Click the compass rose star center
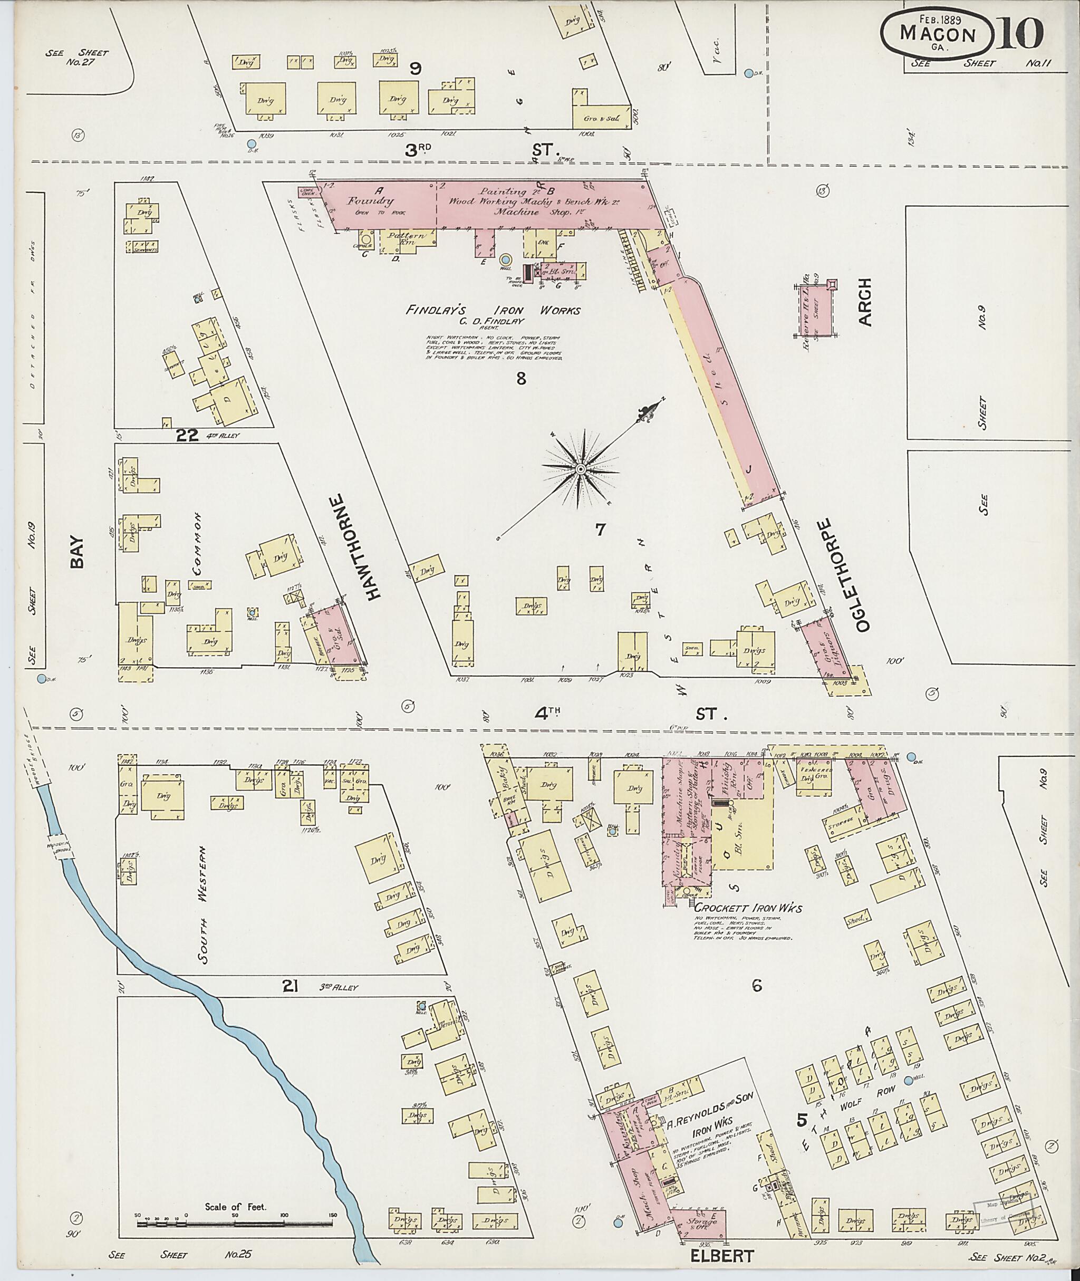pos(578,469)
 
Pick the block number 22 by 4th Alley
pos(187,436)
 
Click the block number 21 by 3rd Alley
pos(290,985)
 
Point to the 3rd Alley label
pos(337,988)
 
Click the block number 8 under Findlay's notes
pos(521,379)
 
